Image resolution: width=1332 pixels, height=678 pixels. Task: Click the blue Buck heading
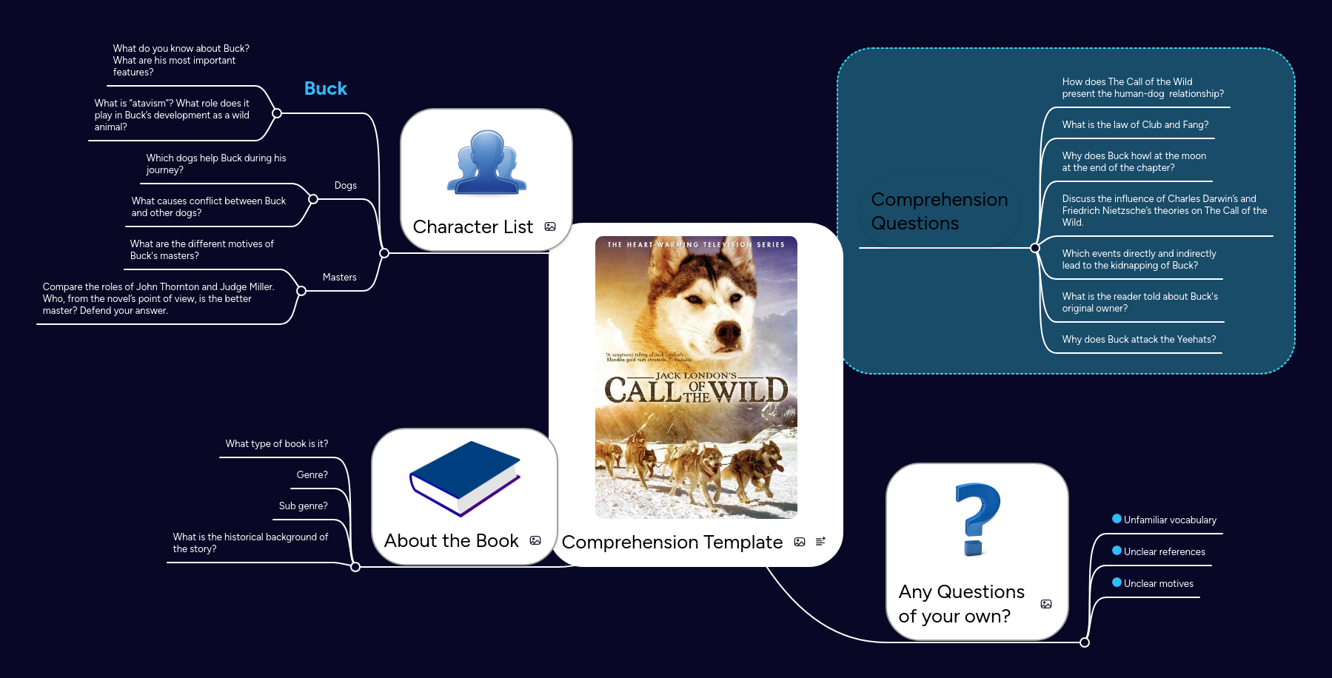coord(325,89)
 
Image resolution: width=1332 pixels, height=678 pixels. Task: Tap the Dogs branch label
coord(345,185)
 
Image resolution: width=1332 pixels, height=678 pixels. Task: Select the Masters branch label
coord(339,277)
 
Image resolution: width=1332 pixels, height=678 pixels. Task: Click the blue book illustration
coord(464,477)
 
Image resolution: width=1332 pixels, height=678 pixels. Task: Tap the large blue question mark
coord(977,518)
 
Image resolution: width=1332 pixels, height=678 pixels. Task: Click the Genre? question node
coord(312,475)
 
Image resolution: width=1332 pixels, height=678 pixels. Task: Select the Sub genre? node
coord(303,506)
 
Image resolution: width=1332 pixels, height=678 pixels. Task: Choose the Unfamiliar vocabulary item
coord(1169,520)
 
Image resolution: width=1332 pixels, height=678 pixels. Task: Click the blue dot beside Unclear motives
coord(1117,583)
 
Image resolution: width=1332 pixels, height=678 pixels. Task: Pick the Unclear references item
coord(1164,552)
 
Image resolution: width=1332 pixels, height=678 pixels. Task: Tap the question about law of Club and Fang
coord(1134,125)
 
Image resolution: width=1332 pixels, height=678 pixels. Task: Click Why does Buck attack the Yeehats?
coord(1138,340)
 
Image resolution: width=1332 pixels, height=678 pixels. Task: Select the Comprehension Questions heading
coord(939,212)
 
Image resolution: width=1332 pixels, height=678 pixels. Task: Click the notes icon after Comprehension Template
coord(820,542)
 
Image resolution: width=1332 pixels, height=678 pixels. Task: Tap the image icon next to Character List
coord(550,226)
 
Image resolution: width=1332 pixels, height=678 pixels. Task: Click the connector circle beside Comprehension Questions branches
coord(1035,248)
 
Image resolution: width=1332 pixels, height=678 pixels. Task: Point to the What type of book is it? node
coord(276,444)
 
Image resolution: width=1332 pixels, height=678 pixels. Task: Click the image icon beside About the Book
coord(535,540)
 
